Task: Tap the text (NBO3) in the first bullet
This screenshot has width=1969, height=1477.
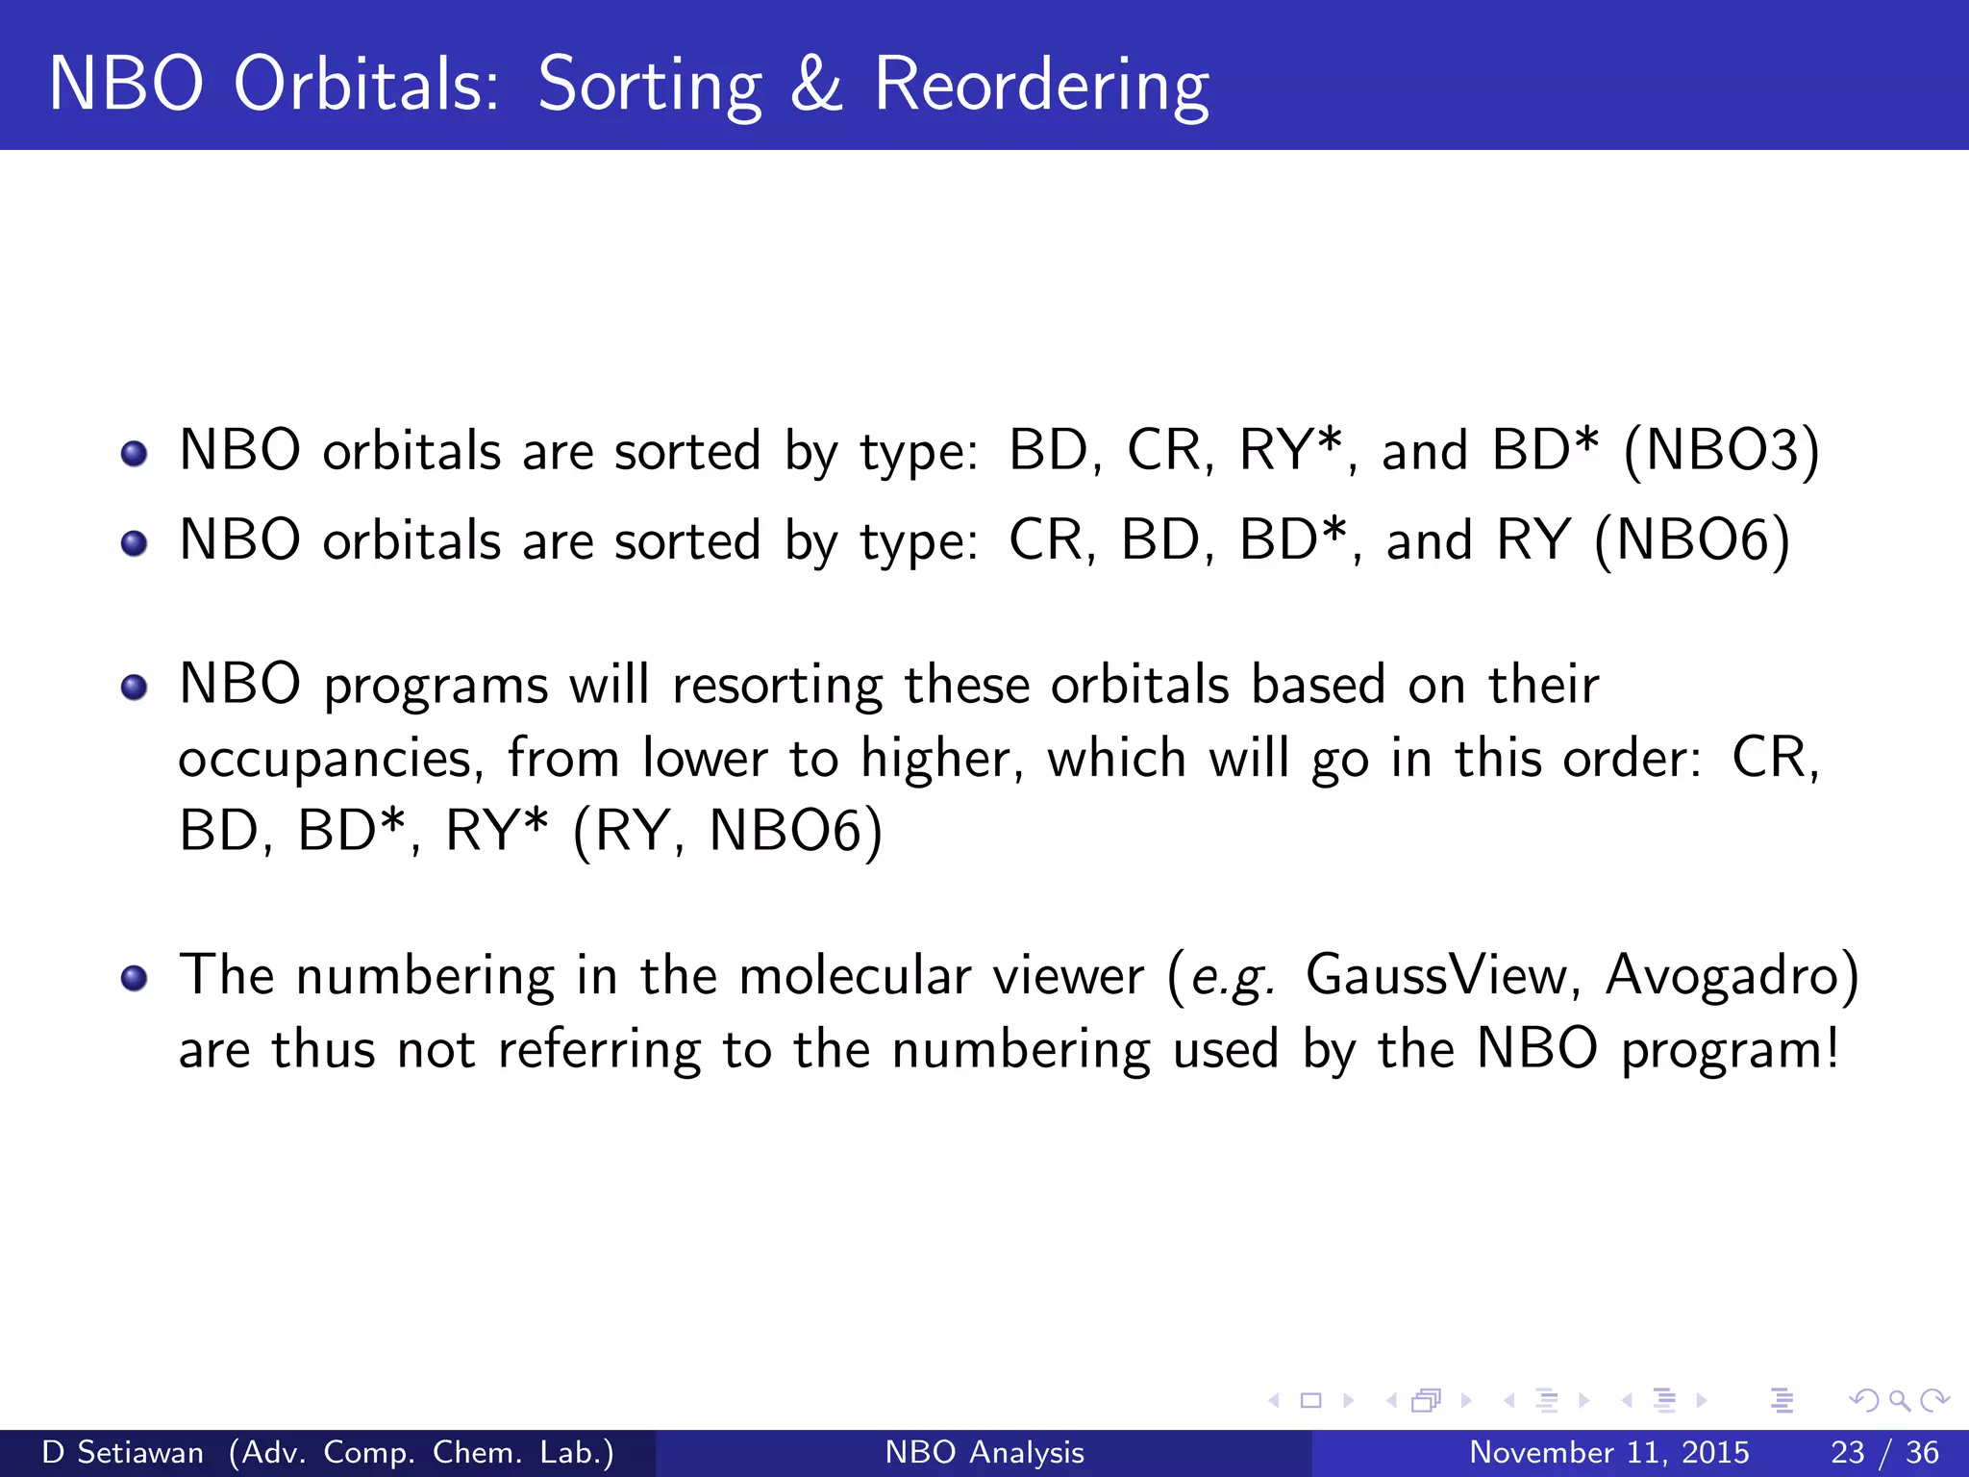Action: point(1721,450)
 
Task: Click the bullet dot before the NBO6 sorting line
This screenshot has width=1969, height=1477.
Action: point(135,543)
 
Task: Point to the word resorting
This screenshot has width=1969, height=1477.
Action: point(777,687)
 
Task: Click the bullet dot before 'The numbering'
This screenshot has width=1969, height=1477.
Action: point(135,979)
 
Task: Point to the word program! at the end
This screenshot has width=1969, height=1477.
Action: point(1731,1050)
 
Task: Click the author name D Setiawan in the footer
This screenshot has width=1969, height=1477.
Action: point(123,1452)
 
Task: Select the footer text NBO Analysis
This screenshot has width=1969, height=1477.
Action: point(984,1452)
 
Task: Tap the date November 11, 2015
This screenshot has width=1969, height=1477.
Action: point(1608,1452)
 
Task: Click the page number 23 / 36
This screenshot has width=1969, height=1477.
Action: point(1884,1452)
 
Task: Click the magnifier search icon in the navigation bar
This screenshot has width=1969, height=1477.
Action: point(1899,1400)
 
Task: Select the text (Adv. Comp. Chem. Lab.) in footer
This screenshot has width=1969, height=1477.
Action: point(421,1452)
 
